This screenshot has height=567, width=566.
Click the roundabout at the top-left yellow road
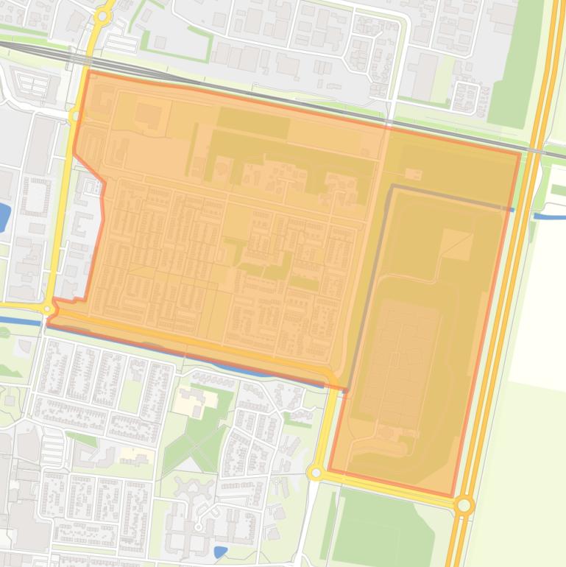[103, 15]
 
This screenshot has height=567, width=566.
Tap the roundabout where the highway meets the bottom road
[464, 505]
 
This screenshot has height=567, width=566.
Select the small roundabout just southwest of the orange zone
[316, 472]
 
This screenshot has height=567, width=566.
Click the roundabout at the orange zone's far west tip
[49, 309]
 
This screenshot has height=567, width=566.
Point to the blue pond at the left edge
[4, 215]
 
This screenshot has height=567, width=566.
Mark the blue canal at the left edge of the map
[18, 320]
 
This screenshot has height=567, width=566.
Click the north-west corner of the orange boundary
[88, 71]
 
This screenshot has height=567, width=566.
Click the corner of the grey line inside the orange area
[392, 186]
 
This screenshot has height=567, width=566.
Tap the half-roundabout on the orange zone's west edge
[75, 116]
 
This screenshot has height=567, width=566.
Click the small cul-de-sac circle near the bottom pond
[199, 527]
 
